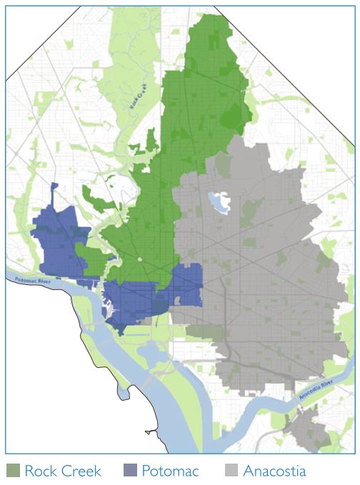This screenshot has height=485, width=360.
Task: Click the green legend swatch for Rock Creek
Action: coord(12,471)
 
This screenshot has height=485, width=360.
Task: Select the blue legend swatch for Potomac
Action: coord(129,471)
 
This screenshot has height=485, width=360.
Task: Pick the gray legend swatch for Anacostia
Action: coord(230,471)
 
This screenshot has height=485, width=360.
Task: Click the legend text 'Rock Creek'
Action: coord(63,471)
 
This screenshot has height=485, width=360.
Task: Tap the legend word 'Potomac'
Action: coord(169,471)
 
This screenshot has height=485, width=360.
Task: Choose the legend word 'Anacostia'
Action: coord(274,471)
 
